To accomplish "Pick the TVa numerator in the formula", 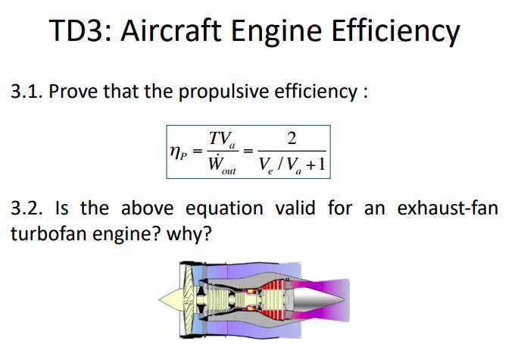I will pos(222,139).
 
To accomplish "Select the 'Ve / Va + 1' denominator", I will pos(292,166).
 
